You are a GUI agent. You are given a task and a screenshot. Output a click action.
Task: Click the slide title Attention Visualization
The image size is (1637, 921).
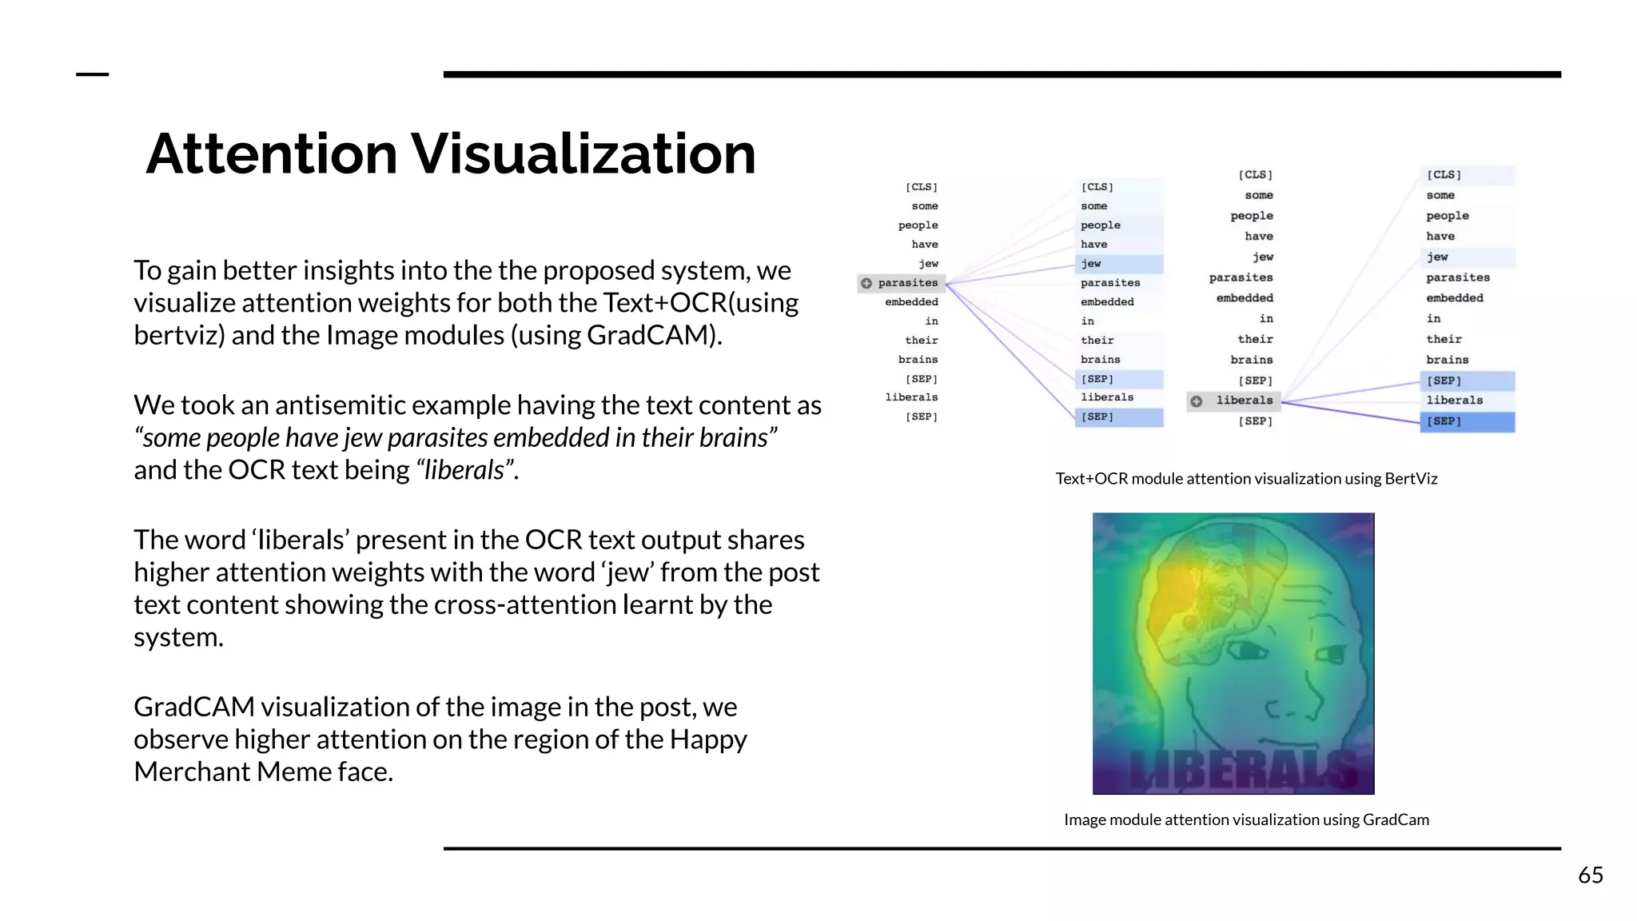tap(451, 153)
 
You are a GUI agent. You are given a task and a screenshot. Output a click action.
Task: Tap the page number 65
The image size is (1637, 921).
tap(1590, 875)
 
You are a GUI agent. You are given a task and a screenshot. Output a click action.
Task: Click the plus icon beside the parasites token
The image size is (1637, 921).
tap(866, 283)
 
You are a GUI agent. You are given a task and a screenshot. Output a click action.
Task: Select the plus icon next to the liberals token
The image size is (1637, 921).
tap(1196, 401)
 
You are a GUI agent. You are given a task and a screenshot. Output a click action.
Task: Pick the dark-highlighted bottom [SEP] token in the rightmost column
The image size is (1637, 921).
tap(1444, 421)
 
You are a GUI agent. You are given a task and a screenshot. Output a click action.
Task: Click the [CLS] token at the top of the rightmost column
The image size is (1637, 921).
tap(1444, 175)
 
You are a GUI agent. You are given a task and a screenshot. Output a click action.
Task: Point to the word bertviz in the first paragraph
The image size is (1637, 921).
tap(179, 335)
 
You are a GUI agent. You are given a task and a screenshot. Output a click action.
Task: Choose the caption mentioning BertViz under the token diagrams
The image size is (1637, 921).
tap(1246, 479)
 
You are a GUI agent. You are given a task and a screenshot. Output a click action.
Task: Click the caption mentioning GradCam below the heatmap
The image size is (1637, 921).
tap(1246, 819)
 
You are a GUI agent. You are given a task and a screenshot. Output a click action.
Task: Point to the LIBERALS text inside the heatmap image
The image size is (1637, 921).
tap(1243, 769)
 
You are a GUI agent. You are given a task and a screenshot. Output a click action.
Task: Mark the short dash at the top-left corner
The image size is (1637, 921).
tap(92, 75)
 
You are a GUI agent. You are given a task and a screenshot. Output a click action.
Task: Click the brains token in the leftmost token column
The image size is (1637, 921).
tap(918, 360)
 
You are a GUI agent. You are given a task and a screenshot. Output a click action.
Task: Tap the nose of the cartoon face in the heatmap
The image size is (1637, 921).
tap(1283, 704)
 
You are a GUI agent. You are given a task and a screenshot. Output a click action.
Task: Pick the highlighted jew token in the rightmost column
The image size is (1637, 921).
tap(1437, 257)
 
